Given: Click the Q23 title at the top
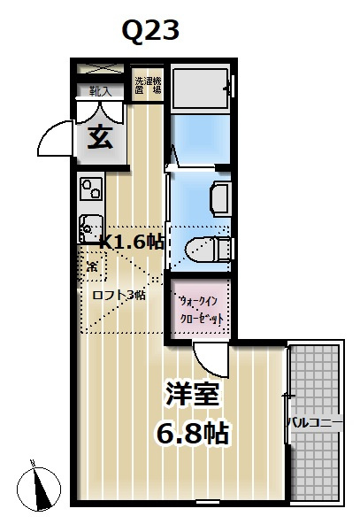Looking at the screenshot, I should coord(150,32).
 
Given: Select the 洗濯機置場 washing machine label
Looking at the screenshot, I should coord(148,86).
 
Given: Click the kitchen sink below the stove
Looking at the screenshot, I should coord(90,227).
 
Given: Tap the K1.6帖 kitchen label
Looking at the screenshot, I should coord(132,242).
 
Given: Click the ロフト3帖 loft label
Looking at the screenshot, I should coord(119,295).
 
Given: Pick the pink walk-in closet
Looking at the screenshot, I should coord(199,309).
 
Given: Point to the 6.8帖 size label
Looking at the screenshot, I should coord(193,433).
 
